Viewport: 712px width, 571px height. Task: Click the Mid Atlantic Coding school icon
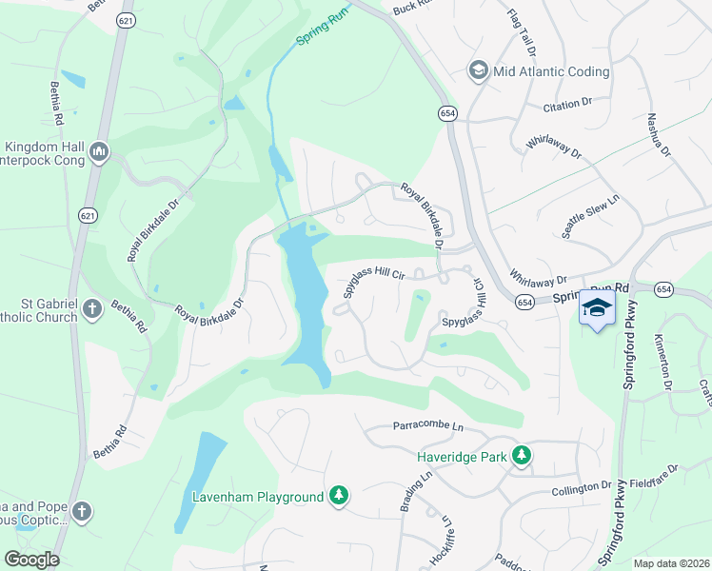coord(478,69)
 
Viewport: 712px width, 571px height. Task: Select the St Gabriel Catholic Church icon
coord(91,308)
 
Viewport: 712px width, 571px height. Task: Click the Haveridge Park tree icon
coord(521,456)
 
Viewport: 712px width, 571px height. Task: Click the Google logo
coord(31,559)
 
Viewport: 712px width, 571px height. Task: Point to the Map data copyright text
coord(670,563)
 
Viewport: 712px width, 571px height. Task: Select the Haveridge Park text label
coord(459,456)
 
